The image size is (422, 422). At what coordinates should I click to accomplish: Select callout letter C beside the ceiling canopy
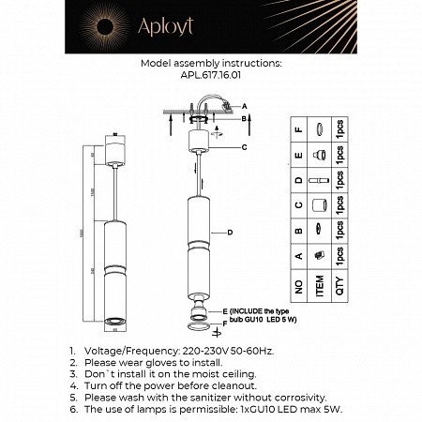click(244, 147)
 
